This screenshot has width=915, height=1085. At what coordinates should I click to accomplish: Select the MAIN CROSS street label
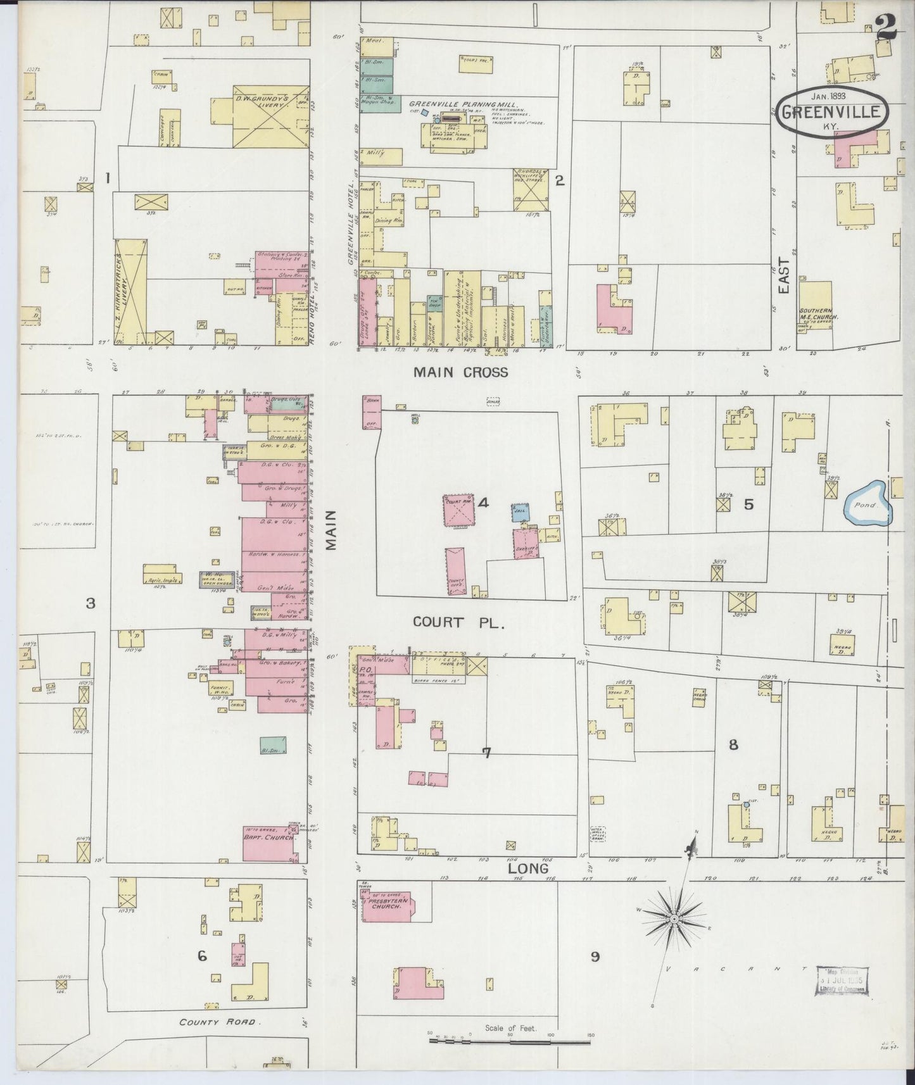460,372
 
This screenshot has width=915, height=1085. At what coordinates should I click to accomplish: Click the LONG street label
529,869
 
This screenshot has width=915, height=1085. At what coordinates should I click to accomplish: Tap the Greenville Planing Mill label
464,104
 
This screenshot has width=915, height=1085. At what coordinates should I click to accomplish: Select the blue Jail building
520,510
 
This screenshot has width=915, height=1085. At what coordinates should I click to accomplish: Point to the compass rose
674,918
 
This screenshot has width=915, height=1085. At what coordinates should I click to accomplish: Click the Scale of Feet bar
510,1038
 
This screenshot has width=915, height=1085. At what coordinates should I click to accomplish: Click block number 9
595,956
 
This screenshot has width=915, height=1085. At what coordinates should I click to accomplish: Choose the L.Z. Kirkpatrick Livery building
131,291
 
